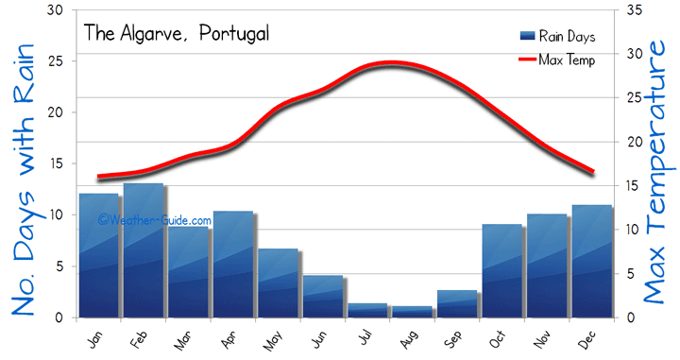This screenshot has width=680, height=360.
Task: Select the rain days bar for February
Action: [x=144, y=250]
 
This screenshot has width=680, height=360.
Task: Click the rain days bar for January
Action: [x=98, y=255]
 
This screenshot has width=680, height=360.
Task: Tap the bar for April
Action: [x=232, y=265]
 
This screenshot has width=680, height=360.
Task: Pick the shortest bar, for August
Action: [x=412, y=312]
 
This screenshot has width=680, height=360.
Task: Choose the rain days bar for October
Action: [x=501, y=270]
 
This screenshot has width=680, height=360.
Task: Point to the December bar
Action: [x=591, y=261]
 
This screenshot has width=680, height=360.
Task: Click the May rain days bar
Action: [x=278, y=283]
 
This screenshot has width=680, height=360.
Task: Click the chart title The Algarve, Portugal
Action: [x=177, y=33]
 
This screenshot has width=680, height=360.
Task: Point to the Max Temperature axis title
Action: [x=658, y=180]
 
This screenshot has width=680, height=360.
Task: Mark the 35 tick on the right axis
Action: [x=634, y=10]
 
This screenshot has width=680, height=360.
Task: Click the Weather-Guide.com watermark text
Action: [x=155, y=220]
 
